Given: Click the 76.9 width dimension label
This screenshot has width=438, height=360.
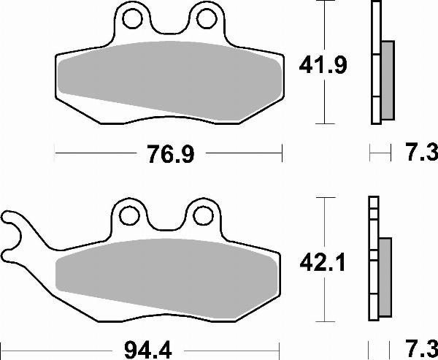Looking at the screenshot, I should point(168,155).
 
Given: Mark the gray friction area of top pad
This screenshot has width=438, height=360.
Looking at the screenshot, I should point(168,77).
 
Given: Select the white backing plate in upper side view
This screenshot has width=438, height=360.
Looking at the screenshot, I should point(376,62).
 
